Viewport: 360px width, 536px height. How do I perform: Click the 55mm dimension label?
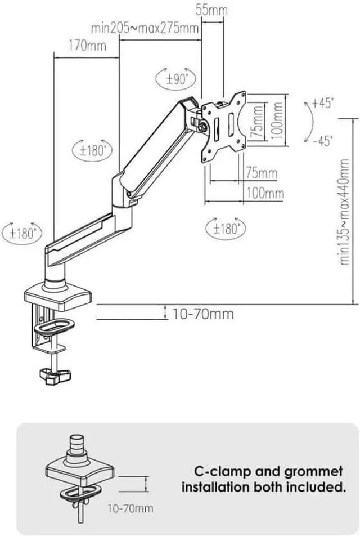[211, 10]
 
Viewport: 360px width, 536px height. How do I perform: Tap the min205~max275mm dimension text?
[145, 28]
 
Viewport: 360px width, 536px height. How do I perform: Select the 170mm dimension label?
[87, 45]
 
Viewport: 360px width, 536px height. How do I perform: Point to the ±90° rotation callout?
[176, 79]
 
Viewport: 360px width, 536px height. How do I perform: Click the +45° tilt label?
[323, 102]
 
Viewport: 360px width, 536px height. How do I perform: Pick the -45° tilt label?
[323, 140]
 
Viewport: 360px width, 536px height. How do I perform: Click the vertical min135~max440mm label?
[344, 212]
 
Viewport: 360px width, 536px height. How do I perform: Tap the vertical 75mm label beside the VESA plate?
[258, 122]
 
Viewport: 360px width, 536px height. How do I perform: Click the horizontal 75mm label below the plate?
[262, 173]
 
